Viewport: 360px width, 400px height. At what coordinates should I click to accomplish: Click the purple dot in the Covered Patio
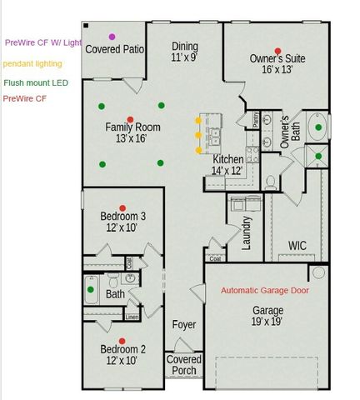[112, 37]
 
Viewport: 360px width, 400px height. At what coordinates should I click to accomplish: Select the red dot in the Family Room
[129, 120]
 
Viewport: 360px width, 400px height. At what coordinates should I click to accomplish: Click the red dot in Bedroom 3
[122, 207]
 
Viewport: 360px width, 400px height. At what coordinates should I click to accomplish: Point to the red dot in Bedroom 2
[122, 341]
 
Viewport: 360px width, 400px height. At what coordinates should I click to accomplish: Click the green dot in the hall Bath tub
[91, 290]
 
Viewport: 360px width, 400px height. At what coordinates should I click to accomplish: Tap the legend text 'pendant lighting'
[33, 62]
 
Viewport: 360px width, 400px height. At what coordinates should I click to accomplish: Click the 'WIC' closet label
[297, 245]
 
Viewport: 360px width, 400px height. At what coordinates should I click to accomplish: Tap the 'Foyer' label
[183, 324]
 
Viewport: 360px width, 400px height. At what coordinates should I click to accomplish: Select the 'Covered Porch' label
[183, 365]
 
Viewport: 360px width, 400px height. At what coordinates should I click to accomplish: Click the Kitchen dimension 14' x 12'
[227, 170]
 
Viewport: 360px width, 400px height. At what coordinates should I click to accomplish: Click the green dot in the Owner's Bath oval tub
[317, 128]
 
